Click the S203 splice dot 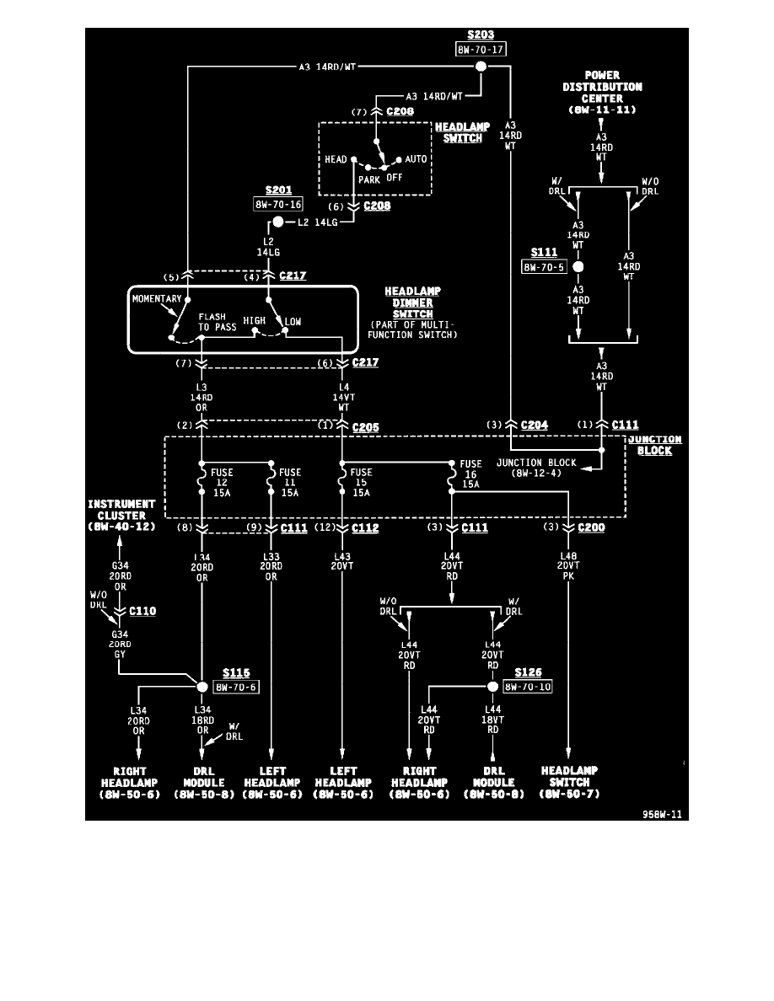tap(481, 67)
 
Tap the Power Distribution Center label tap(602, 92)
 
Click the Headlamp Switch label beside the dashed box tap(462, 132)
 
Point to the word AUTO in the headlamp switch tap(416, 158)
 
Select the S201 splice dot tap(277, 223)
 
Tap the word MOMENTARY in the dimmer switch tap(158, 299)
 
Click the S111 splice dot tap(578, 267)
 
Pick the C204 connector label tap(535, 426)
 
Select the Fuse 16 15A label tap(470, 474)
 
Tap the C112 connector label tap(365, 528)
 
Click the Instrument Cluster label tap(122, 515)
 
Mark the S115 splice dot tap(202, 687)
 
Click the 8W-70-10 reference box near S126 tap(527, 687)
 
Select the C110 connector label tap(142, 611)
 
